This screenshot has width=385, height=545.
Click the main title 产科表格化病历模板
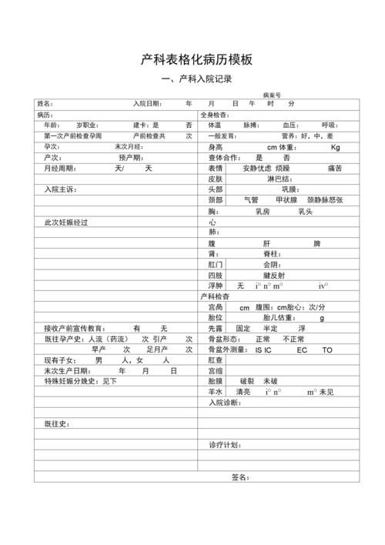click(197, 60)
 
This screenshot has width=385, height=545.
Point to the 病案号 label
click(272, 94)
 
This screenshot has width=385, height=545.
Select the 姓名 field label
click(45, 104)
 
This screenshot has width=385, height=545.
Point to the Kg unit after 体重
click(336, 147)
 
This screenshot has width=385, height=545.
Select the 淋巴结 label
click(280, 179)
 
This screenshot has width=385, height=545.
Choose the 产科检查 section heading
click(215, 296)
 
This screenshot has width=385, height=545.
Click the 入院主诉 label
click(60, 189)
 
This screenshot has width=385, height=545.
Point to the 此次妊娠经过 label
click(66, 222)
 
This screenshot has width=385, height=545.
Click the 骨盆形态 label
click(224, 339)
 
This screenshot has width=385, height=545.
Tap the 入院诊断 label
click(224, 403)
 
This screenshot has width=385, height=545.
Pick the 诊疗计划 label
click(224, 446)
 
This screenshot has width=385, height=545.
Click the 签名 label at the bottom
click(240, 478)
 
